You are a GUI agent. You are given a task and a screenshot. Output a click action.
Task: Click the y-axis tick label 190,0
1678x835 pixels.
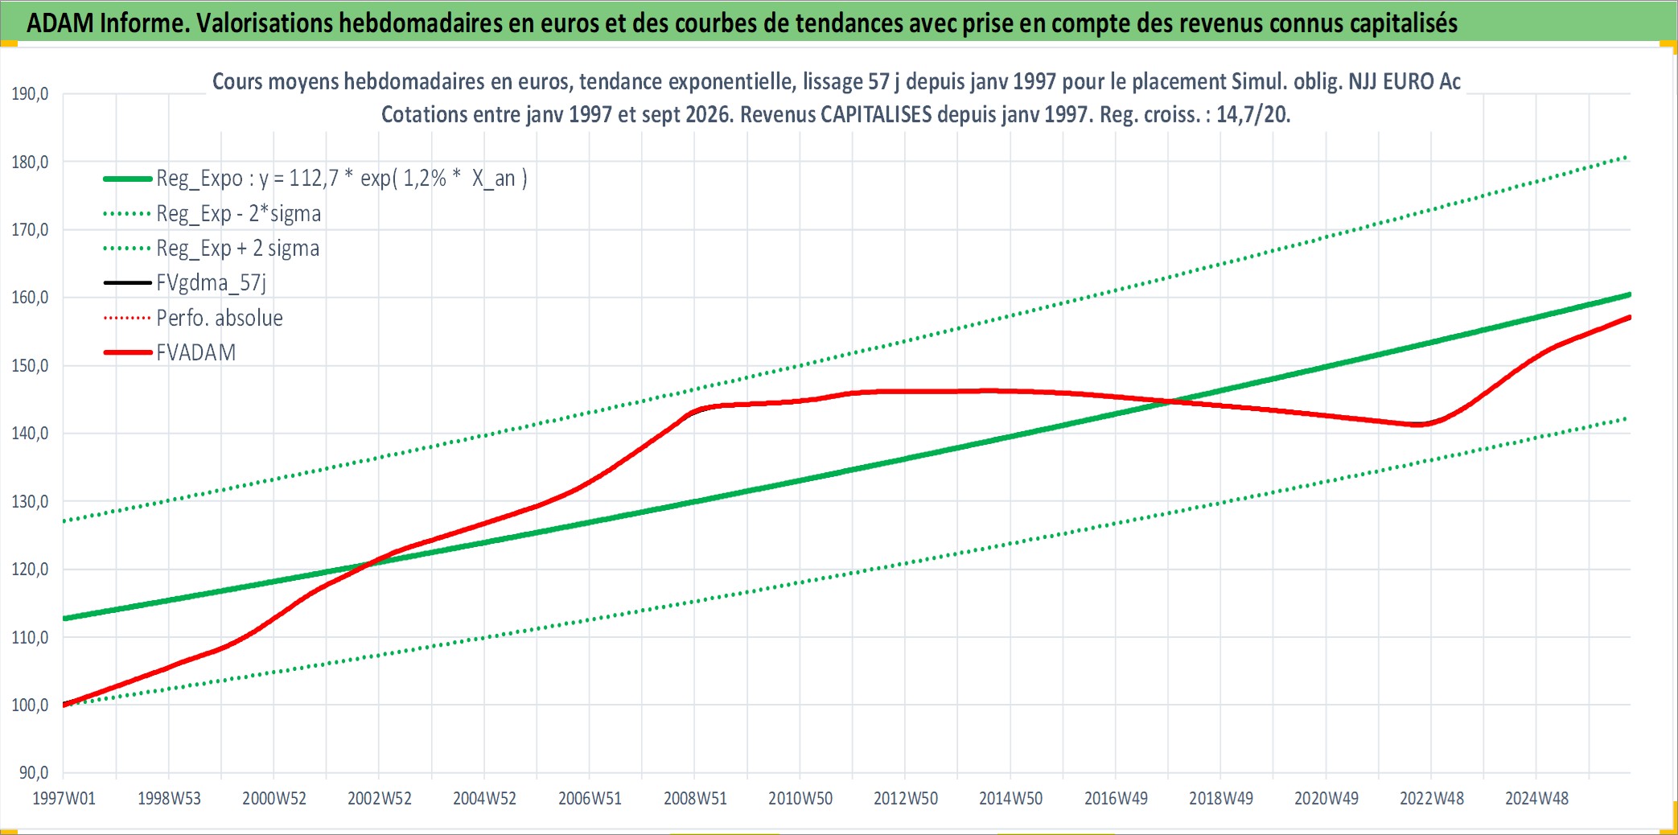[x=30, y=94]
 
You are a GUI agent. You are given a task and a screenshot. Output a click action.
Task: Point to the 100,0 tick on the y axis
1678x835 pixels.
[x=30, y=705]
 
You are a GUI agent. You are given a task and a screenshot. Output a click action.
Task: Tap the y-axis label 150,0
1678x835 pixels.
[x=30, y=366]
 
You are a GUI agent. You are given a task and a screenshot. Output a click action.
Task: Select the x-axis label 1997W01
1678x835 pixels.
[x=64, y=799]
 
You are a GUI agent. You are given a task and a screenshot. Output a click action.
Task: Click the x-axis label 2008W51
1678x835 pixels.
[x=695, y=799]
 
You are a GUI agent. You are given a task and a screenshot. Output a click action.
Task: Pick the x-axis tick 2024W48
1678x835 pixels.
[x=1536, y=799]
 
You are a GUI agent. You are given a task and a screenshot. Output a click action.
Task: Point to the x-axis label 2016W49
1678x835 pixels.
[x=1116, y=799]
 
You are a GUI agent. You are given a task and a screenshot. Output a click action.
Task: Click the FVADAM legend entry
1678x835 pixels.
[x=196, y=352]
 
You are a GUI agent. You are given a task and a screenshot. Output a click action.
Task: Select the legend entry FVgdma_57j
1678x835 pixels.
[x=211, y=283]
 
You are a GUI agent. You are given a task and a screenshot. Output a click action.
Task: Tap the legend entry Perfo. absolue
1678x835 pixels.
[x=220, y=318]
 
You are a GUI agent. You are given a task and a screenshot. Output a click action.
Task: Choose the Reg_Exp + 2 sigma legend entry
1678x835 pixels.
[x=238, y=249]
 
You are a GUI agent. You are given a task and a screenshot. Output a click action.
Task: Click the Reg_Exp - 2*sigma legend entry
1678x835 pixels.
[x=239, y=214]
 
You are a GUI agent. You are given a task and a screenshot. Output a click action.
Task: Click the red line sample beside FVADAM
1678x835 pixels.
[x=128, y=352]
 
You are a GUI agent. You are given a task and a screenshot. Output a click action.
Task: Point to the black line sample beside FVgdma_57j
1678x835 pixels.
[x=128, y=283]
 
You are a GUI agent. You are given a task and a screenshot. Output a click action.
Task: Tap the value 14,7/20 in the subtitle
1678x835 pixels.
[x=1252, y=114]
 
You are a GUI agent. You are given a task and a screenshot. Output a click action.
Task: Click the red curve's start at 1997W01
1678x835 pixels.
[x=64, y=705]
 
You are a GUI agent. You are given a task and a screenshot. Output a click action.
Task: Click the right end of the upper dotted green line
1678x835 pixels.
[x=1628, y=157]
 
